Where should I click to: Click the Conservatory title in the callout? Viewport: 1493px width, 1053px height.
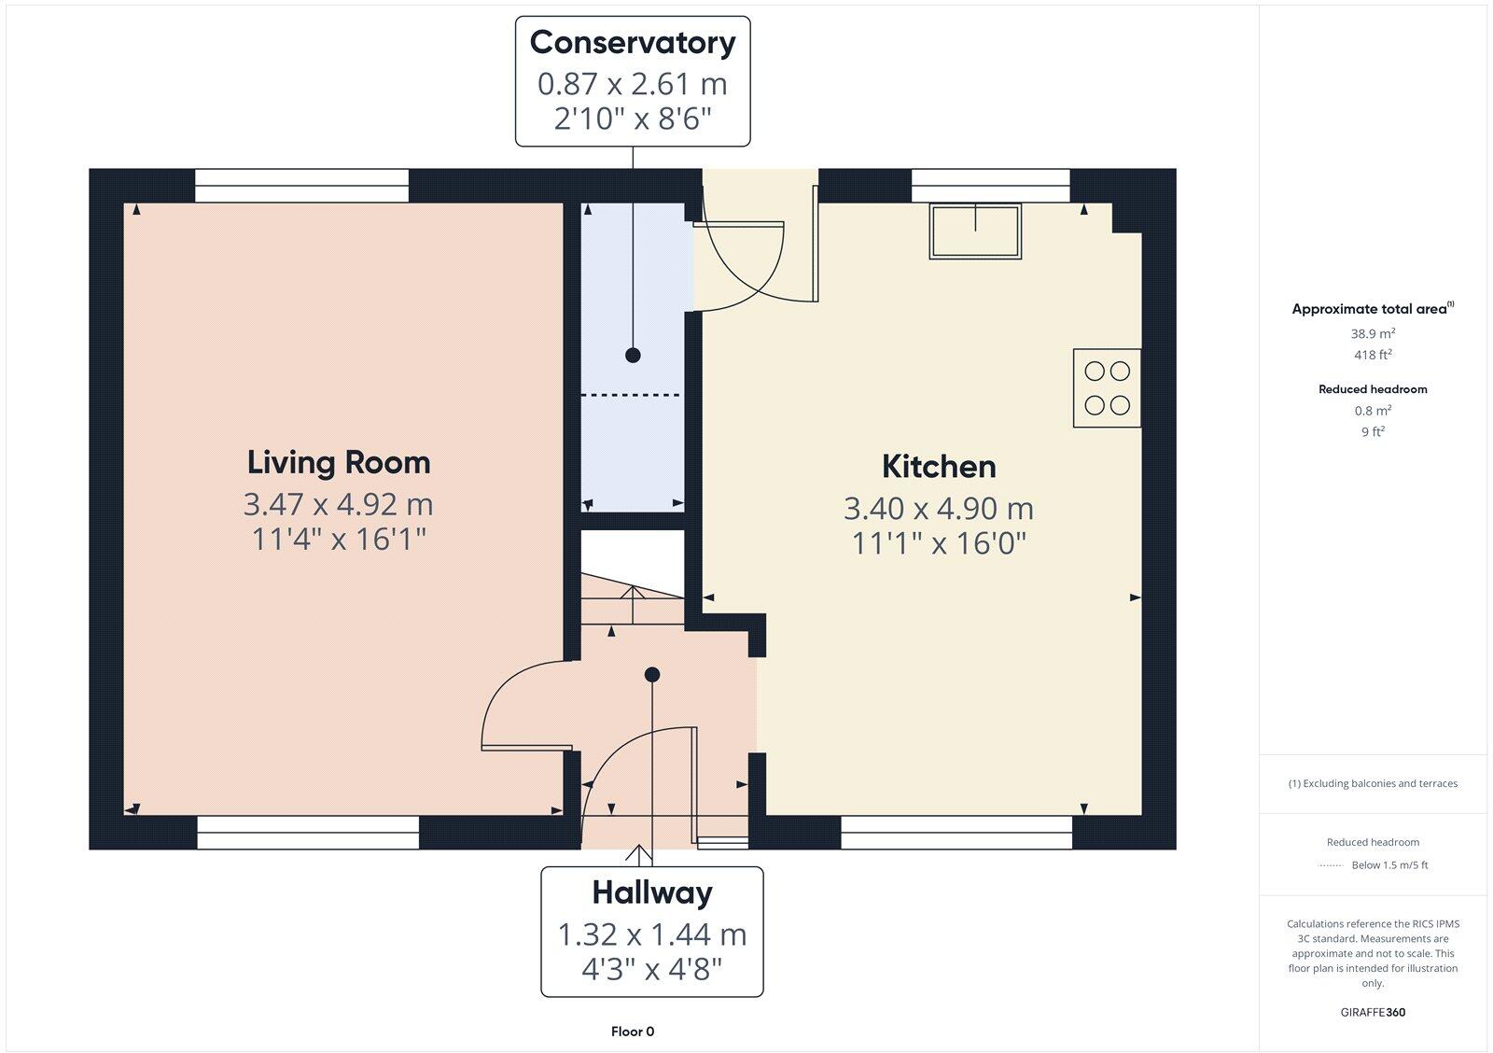[x=633, y=43]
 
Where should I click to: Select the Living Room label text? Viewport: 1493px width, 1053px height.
[x=339, y=462]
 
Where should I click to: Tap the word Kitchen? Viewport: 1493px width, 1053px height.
[x=939, y=466]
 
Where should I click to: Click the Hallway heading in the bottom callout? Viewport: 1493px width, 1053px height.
[x=652, y=892]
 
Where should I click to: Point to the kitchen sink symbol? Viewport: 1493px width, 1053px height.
[x=975, y=231]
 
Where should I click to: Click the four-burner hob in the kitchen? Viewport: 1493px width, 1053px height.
[x=1107, y=388]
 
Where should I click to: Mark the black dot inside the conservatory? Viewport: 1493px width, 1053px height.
[x=633, y=355]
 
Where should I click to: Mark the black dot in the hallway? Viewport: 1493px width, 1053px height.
[x=652, y=674]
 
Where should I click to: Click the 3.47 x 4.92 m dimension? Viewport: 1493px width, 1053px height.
[x=339, y=504]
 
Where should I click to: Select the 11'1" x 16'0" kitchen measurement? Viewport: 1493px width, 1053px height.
[x=939, y=543]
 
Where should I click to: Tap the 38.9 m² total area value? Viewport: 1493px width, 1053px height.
[x=1373, y=333]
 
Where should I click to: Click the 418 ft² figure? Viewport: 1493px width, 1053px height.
[x=1373, y=355]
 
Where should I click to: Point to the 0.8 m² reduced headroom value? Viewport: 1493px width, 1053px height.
[x=1373, y=411]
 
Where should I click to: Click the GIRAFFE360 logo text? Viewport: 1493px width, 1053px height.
[x=1373, y=1012]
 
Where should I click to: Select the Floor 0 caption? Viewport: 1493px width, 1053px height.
[x=633, y=1032]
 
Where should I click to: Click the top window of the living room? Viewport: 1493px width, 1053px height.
[x=301, y=185]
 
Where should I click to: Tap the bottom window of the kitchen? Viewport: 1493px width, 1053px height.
[x=956, y=834]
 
